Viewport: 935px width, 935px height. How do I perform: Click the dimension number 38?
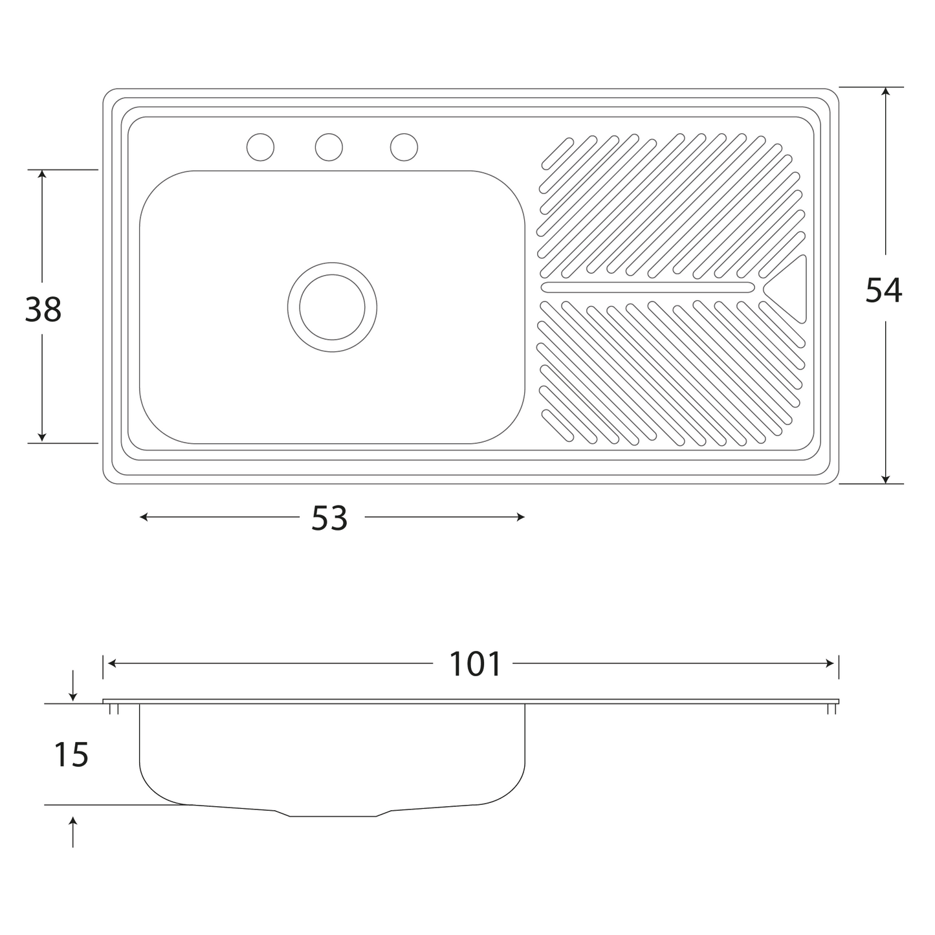click(x=43, y=309)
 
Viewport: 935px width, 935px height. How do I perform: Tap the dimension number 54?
click(x=884, y=290)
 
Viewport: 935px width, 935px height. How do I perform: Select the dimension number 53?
click(x=329, y=518)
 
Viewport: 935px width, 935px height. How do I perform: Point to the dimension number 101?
click(x=475, y=664)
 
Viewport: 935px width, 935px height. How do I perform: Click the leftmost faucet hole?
click(x=260, y=147)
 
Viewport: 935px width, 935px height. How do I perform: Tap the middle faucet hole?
click(x=329, y=147)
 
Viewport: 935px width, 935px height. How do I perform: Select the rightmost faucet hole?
click(x=404, y=147)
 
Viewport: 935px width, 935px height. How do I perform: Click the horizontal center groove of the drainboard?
click(x=648, y=287)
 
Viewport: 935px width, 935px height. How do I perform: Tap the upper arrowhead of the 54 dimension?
click(x=886, y=92)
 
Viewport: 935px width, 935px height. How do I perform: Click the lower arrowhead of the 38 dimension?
click(x=41, y=437)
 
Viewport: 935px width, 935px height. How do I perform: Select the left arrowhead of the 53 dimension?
click(x=144, y=517)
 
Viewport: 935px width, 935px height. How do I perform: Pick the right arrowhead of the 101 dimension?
click(x=830, y=663)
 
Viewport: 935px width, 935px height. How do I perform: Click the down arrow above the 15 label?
click(x=72, y=686)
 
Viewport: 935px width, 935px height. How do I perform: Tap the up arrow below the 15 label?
click(x=72, y=832)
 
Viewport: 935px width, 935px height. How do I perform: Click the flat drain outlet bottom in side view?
click(x=333, y=816)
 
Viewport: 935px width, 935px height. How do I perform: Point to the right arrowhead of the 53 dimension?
click(x=521, y=517)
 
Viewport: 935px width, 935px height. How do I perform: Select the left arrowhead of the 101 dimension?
click(x=112, y=663)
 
